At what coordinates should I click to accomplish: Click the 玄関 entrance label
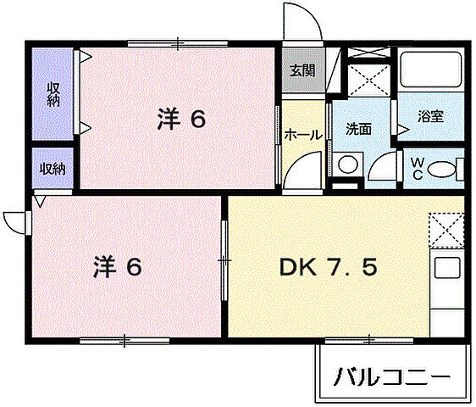tap(302, 71)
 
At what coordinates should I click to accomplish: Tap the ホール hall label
tap(302, 134)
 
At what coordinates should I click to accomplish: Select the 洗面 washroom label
tap(358, 129)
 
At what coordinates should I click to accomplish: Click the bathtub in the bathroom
tap(429, 72)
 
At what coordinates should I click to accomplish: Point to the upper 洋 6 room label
tap(180, 120)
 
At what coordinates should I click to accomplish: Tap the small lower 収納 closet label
tap(53, 168)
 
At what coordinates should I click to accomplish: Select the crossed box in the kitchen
tap(446, 230)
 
